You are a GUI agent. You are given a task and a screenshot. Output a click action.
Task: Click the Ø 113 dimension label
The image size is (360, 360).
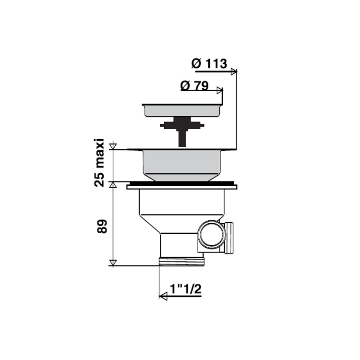(x=209, y=64)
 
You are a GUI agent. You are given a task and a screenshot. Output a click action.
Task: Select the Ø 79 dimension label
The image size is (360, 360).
(x=194, y=86)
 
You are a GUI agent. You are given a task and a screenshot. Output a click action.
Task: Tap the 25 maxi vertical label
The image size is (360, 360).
(x=99, y=163)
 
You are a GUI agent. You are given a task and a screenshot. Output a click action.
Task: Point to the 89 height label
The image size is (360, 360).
(x=102, y=227)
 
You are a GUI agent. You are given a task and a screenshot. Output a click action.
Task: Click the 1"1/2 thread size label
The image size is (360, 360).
(x=185, y=289)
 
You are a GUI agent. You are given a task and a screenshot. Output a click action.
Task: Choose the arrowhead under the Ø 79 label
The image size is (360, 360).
(x=220, y=90)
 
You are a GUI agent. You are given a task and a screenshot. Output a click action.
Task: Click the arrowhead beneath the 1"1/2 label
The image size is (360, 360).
(x=163, y=297)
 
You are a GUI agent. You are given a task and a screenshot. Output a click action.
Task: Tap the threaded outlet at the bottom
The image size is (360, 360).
(x=181, y=262)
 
